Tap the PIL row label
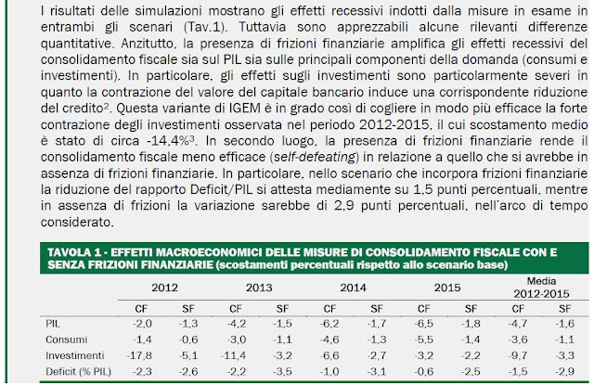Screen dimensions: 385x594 point(53,323)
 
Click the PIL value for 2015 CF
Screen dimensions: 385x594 point(420,323)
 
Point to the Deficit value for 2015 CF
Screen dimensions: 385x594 point(420,371)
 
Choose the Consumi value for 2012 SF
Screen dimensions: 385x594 point(187,340)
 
